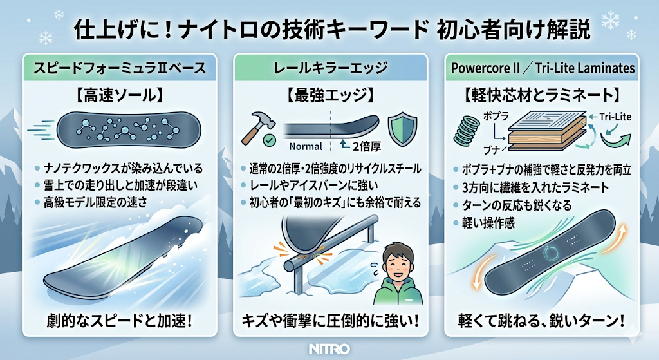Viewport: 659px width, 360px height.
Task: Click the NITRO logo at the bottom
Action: (x=329, y=349)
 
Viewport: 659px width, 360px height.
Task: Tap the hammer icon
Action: (x=258, y=126)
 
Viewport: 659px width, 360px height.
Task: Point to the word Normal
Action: (x=306, y=146)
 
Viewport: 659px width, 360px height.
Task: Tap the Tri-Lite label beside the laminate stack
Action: (x=615, y=117)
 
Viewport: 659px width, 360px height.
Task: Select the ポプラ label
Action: (x=496, y=116)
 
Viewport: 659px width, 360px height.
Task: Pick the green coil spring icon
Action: (x=467, y=130)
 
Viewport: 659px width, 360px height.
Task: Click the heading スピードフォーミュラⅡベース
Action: (x=120, y=68)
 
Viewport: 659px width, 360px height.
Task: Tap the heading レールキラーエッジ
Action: (x=330, y=68)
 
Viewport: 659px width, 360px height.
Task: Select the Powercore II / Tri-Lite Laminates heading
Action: (x=543, y=68)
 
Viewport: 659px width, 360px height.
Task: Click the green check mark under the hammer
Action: (x=269, y=140)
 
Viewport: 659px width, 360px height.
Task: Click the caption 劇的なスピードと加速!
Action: (x=120, y=322)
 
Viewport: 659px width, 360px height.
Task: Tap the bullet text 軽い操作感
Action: (x=488, y=222)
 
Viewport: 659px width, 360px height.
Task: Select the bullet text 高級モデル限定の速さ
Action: (x=96, y=203)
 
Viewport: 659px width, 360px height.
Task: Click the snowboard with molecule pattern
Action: (x=128, y=129)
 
